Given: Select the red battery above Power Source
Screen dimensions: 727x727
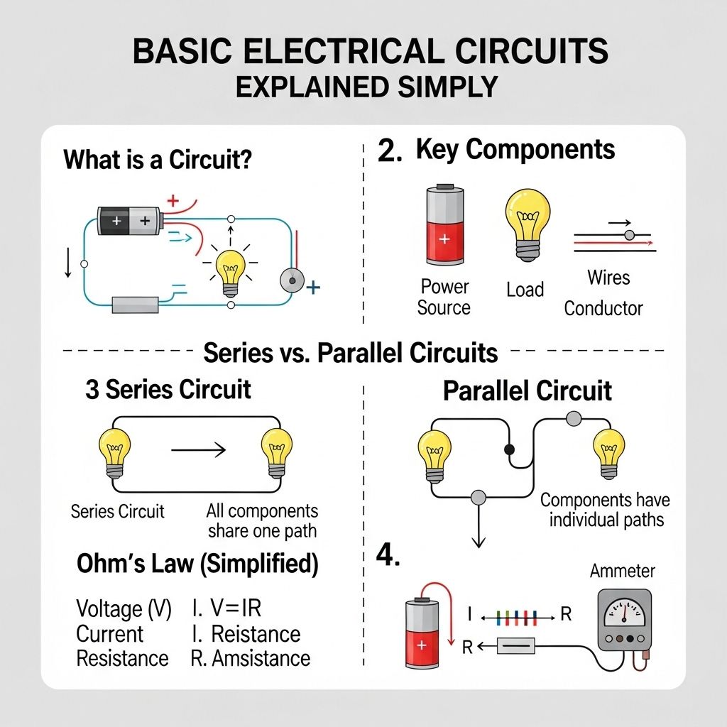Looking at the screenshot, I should (x=444, y=226).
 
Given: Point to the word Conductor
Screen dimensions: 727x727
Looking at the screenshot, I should (x=603, y=308).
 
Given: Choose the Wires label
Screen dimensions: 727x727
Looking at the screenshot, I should (x=608, y=277).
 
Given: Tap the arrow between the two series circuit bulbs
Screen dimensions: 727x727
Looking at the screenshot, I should (x=198, y=449).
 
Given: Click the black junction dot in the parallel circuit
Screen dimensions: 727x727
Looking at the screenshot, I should (x=508, y=449).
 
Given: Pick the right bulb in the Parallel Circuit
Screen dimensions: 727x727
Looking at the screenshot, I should (x=609, y=452).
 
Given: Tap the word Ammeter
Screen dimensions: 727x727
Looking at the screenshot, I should (x=623, y=571).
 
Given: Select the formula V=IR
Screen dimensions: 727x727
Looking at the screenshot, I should (x=236, y=609).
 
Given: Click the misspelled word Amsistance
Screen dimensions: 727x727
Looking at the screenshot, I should (x=261, y=658).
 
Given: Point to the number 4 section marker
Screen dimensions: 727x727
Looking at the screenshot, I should (x=388, y=555).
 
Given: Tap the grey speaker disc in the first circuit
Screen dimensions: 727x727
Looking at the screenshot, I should (x=290, y=281).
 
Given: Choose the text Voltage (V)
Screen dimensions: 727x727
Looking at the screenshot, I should (x=124, y=609).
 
